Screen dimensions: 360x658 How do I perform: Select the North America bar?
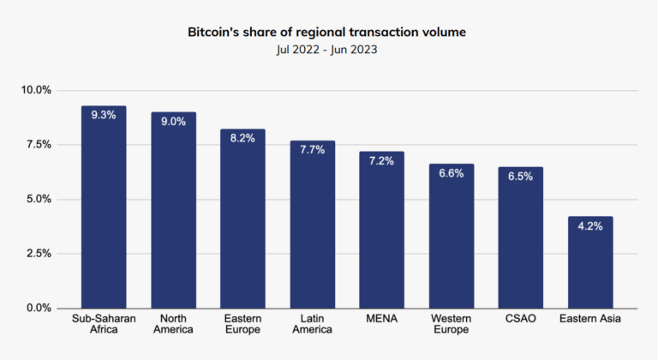click(173, 214)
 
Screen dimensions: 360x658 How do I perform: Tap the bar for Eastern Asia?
click(590, 266)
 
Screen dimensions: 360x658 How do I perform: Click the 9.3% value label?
click(104, 115)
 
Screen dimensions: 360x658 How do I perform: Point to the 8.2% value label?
click(242, 138)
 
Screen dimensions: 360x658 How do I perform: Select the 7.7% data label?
click(312, 149)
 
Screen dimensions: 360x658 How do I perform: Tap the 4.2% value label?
click(590, 225)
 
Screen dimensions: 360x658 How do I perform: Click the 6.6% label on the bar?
click(452, 173)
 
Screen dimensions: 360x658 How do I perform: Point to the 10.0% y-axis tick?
click(37, 90)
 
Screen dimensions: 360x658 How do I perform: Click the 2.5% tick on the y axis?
click(39, 254)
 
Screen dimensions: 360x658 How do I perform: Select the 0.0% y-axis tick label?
click(39, 308)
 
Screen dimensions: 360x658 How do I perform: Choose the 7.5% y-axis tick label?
click(39, 145)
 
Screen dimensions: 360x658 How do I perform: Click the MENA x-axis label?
click(381, 319)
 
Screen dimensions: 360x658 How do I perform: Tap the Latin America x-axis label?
click(312, 324)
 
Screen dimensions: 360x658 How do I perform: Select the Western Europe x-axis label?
click(452, 324)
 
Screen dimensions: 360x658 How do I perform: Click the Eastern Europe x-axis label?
click(242, 324)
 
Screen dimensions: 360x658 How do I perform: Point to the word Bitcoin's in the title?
click(216, 32)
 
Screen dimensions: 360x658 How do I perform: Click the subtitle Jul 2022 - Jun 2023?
click(329, 50)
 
